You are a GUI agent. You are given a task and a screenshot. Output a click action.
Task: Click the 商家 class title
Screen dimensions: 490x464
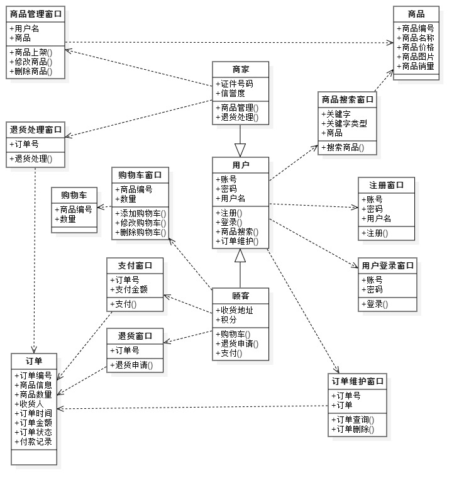241,69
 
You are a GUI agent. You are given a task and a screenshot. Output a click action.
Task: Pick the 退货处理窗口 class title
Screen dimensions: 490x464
36,130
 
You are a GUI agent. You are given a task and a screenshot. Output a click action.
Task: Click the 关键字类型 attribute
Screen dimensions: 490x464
346,124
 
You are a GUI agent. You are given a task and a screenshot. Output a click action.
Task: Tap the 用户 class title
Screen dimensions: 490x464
241,165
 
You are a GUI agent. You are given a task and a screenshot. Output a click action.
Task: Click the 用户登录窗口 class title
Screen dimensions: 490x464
388,265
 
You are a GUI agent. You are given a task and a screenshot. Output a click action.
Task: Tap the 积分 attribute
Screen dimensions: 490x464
226,320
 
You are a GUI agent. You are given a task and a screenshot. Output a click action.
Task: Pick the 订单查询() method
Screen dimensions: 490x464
353,420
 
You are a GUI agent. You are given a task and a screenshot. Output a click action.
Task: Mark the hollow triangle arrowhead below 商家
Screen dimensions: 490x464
240,150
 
